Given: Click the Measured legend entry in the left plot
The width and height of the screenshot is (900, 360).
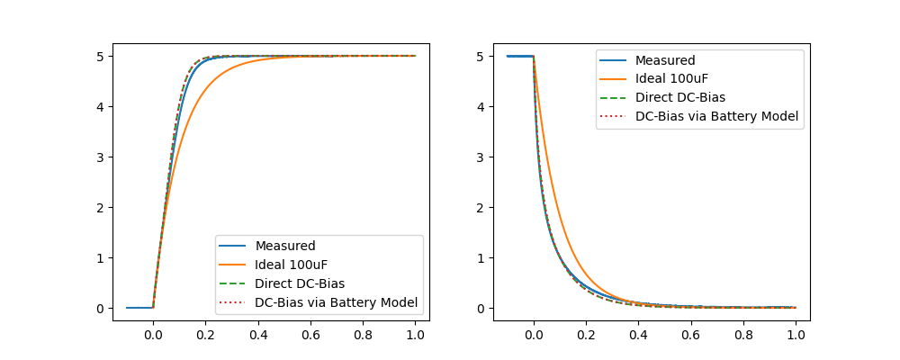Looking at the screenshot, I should tap(285, 246).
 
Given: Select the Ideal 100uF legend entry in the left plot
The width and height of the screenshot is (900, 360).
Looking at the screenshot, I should tap(292, 265).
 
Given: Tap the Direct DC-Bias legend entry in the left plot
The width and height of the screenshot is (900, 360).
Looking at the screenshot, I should tap(300, 283).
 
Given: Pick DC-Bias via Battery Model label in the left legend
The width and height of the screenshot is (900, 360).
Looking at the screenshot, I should tap(337, 302).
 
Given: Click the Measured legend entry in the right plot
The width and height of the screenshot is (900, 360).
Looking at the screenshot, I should tap(665, 60).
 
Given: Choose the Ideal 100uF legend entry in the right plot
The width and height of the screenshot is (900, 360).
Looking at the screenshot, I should tap(673, 79).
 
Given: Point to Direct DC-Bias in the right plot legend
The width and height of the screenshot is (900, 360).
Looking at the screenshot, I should tap(680, 97).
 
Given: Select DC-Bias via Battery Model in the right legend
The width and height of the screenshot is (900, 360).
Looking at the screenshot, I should tap(717, 116).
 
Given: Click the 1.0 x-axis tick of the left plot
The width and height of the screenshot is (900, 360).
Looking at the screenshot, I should tap(416, 334).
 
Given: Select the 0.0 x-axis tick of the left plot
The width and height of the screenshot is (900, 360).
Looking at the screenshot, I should tap(153, 334).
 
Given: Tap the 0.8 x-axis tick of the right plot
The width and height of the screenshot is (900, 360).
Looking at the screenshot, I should tap(743, 334).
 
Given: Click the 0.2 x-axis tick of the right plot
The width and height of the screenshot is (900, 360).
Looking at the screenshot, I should tap(586, 334).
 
